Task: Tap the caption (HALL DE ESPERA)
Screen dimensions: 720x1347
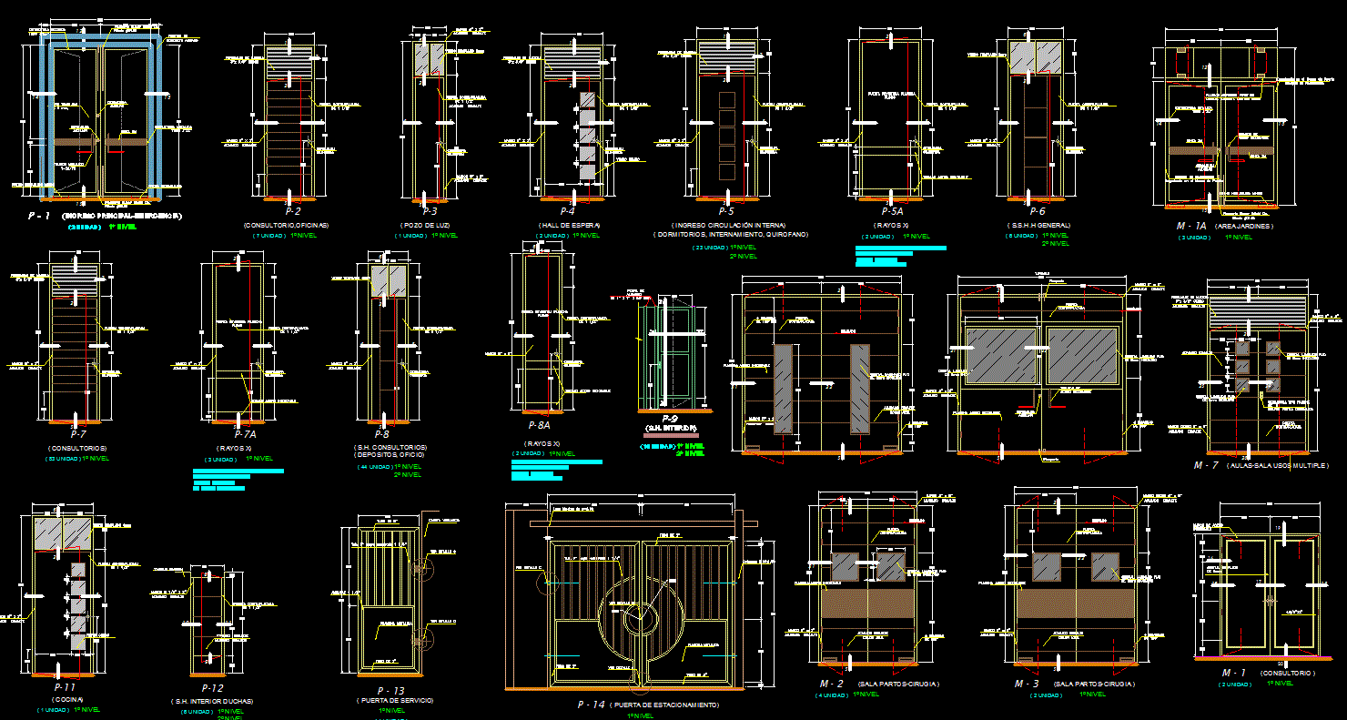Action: pos(568,224)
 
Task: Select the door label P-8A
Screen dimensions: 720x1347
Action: pos(539,425)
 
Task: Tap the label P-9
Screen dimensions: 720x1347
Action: pos(671,418)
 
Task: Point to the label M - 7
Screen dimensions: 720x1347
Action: pos(1206,465)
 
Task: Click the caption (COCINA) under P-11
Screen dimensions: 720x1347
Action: pos(64,699)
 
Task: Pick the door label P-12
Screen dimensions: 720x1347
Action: pos(212,688)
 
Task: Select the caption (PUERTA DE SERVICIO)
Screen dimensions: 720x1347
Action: pos(395,700)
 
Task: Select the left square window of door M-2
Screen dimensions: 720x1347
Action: pos(846,567)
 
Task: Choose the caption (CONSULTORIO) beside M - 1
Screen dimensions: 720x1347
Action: pos(1288,673)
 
